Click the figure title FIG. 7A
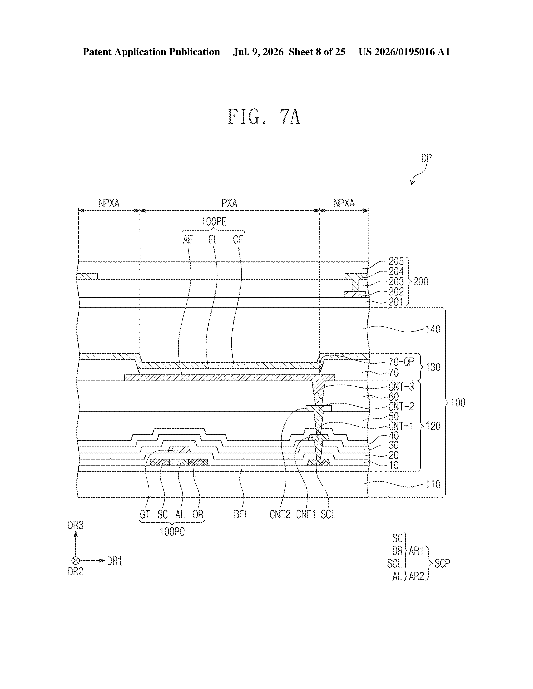264,117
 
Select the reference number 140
433,330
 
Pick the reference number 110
433,484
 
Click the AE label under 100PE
188,240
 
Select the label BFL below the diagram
242,515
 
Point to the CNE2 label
280,515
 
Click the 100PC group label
172,532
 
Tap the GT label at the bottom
145,515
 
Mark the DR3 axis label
75,525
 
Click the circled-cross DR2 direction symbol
75,561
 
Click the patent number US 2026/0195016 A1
404,52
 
